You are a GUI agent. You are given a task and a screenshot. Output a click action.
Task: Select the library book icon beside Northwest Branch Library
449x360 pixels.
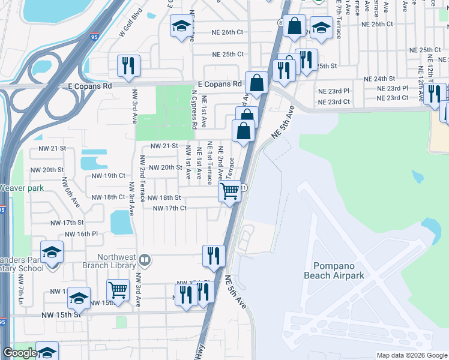tap(145, 260)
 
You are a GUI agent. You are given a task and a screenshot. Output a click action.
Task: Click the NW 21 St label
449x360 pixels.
tap(164, 146)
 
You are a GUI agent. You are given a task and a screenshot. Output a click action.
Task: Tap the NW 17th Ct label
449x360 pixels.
tap(170, 208)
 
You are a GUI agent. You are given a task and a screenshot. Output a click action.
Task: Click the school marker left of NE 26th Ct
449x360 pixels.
tap(181, 26)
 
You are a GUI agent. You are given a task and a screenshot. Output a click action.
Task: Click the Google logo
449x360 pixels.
tap(20, 353)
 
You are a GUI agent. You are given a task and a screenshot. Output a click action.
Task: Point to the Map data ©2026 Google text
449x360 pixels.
tap(412, 355)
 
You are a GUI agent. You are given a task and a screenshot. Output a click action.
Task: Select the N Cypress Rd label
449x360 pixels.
tap(193, 110)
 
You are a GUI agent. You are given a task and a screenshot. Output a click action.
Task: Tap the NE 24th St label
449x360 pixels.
tap(380, 79)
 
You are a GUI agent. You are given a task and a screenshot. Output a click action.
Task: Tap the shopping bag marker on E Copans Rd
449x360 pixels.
tap(257, 83)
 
